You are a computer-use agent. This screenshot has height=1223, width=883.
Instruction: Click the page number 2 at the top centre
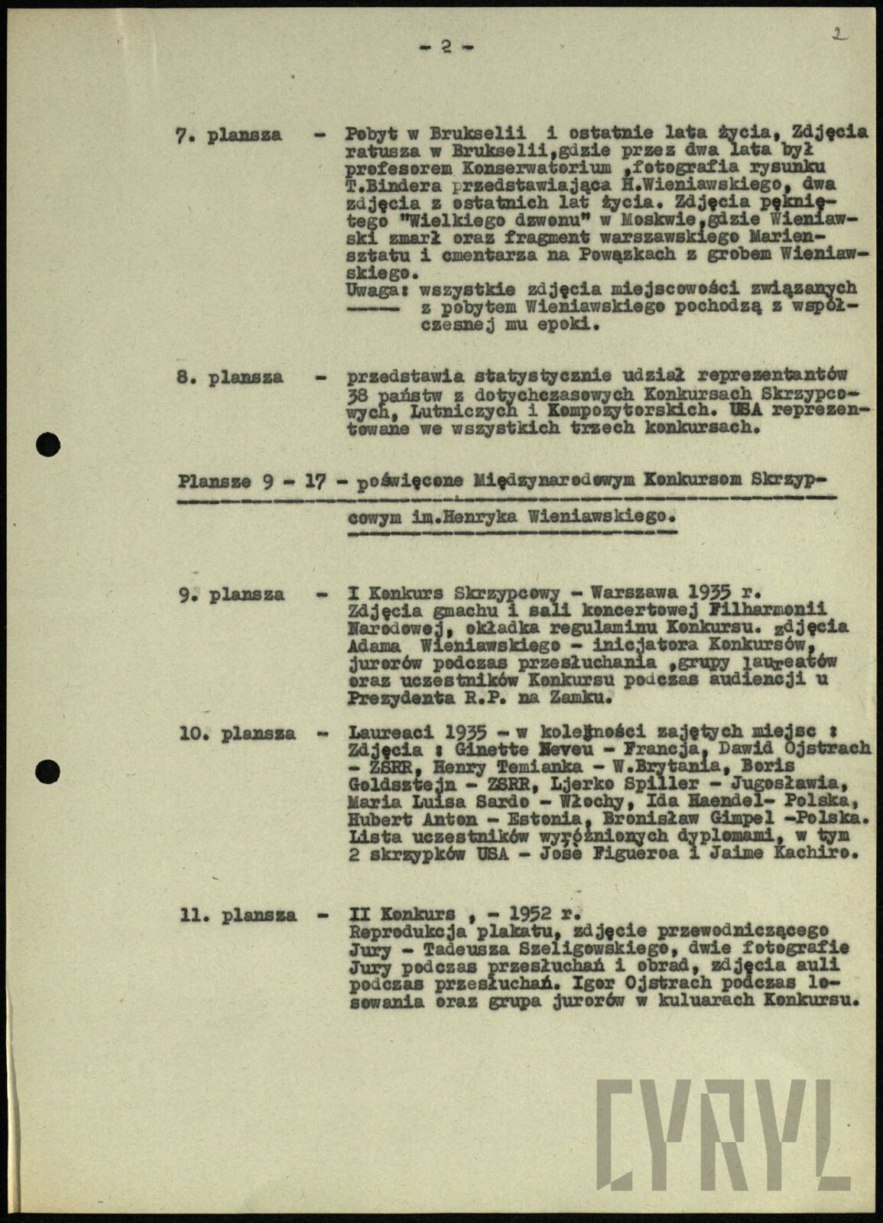pos(446,47)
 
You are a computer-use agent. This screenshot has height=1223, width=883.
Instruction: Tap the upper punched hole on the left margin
pos(48,444)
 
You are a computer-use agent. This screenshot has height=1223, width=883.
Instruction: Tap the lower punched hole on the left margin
pos(48,771)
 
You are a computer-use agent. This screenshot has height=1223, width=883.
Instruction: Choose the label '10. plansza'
pos(237,733)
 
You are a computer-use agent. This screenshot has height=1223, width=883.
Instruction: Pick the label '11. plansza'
pos(238,914)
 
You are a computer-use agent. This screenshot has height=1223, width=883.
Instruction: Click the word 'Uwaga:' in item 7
pos(372,290)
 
